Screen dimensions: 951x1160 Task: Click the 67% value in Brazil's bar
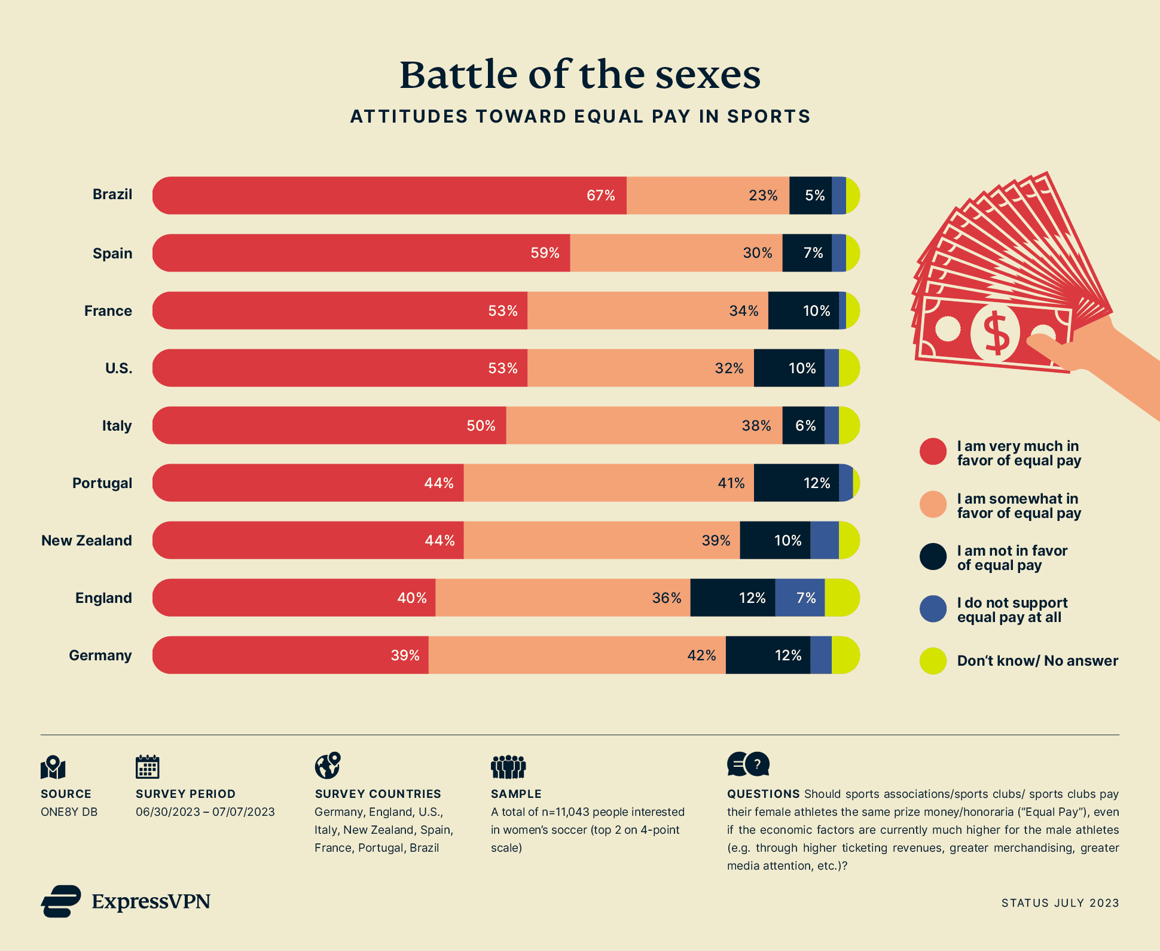coord(600,196)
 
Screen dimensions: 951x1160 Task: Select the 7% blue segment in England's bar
coord(800,598)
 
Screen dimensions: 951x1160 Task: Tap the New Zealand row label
coord(87,541)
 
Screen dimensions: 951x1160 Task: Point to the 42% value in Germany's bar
coord(701,656)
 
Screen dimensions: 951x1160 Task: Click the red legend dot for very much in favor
coord(933,452)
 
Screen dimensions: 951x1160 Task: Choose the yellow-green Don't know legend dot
coord(933,661)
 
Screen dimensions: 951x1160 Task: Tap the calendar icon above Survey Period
coord(148,767)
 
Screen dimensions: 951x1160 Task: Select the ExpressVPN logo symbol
coord(61,901)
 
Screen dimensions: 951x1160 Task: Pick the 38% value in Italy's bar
coord(756,426)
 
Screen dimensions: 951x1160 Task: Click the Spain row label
coord(112,254)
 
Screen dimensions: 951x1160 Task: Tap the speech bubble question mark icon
coord(749,764)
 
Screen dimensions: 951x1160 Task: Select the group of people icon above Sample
coord(508,767)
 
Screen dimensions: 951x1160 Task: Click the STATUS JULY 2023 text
coord(1060,903)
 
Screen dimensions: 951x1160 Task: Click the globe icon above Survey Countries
coord(328,766)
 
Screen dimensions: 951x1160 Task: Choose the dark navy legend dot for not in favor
coord(933,557)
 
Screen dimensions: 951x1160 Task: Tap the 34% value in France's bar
coord(743,311)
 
